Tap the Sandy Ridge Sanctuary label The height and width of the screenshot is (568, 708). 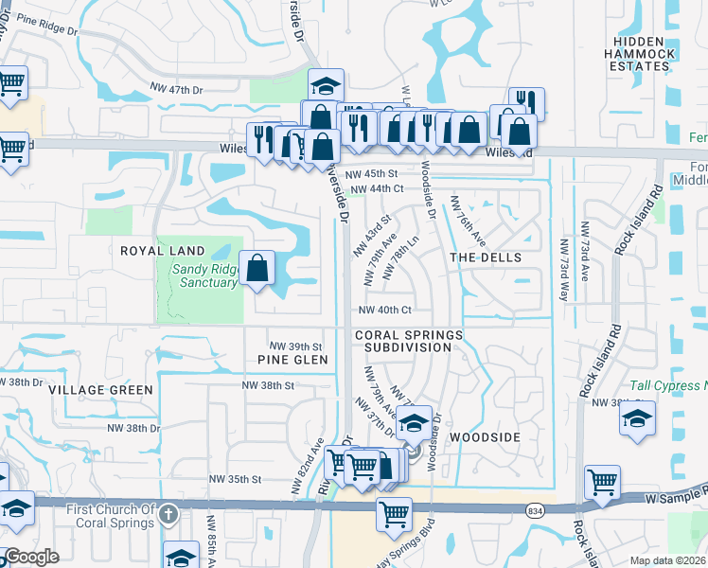(x=204, y=275)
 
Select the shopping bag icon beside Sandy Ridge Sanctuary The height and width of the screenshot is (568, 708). (x=257, y=269)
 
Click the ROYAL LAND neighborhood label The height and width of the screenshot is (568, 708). (x=163, y=250)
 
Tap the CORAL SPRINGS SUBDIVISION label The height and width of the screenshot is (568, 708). (x=409, y=342)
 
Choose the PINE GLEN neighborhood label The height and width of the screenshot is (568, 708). (x=292, y=360)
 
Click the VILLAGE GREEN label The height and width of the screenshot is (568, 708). (x=100, y=390)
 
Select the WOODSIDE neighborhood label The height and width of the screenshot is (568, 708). (x=485, y=437)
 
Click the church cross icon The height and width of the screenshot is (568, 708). (x=168, y=515)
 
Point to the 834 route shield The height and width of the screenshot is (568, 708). (x=535, y=508)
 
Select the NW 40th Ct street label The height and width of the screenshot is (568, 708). (x=384, y=310)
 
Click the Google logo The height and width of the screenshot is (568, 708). (x=32, y=557)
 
